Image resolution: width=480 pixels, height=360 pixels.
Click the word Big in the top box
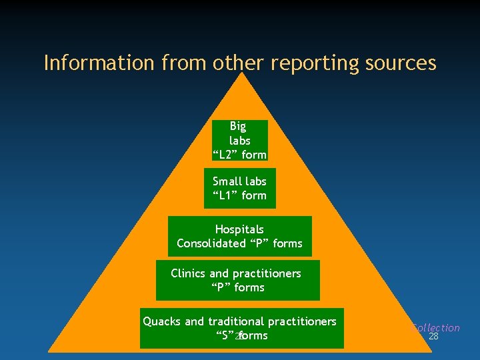pyautogui.click(x=238, y=126)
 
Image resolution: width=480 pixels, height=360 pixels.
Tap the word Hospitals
pyautogui.click(x=239, y=229)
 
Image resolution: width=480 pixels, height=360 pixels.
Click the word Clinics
pyautogui.click(x=189, y=273)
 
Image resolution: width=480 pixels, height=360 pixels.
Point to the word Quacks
pyautogui.click(x=162, y=321)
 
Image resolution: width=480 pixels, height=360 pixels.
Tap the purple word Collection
pyautogui.click(x=436, y=327)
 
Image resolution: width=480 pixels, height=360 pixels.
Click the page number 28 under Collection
pyautogui.click(x=433, y=337)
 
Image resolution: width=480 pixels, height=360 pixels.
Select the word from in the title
pyautogui.click(x=183, y=63)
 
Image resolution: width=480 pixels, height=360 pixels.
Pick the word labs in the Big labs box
pyautogui.click(x=240, y=141)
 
